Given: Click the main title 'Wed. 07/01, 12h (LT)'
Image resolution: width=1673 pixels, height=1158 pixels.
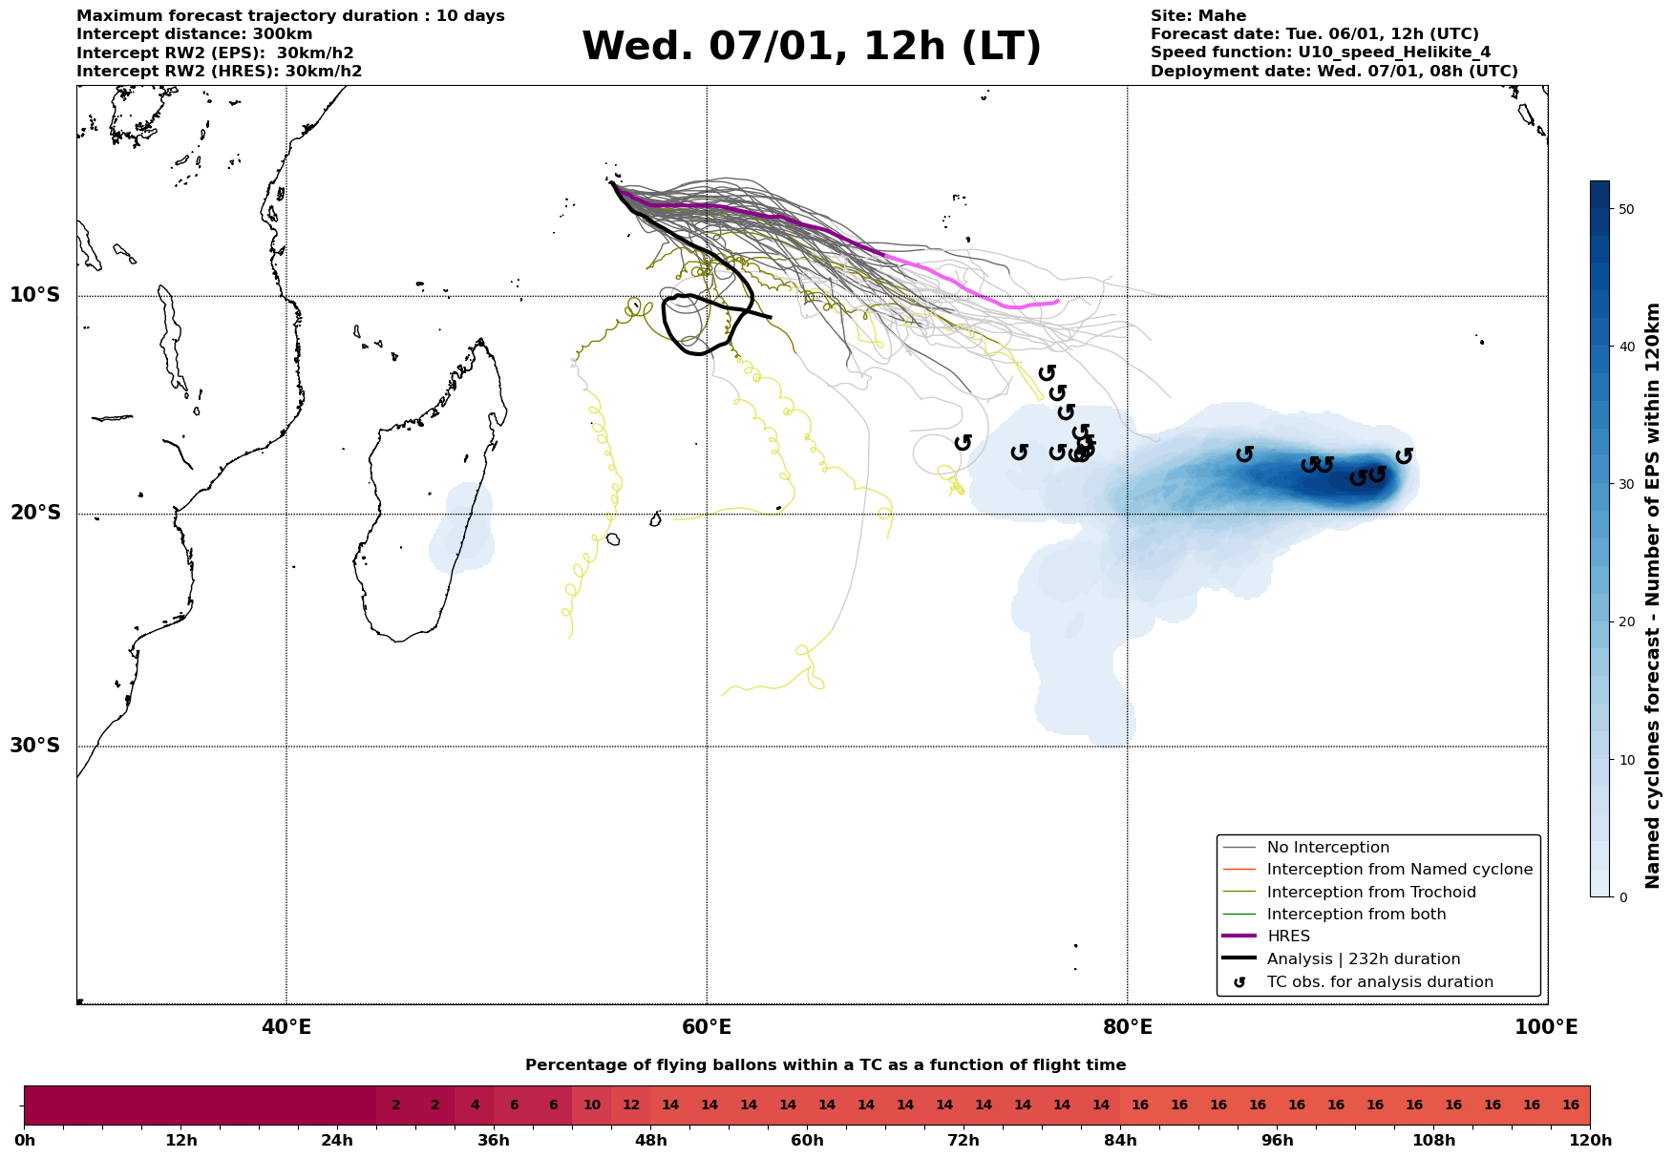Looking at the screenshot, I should tap(812, 46).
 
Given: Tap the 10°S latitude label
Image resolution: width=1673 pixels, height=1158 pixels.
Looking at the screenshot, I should tap(35, 295).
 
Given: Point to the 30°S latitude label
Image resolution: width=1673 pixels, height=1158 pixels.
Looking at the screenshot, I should tap(35, 746).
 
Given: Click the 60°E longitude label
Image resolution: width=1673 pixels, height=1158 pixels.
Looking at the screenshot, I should tap(707, 1027).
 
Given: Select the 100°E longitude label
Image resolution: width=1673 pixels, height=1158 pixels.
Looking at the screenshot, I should tap(1547, 1027).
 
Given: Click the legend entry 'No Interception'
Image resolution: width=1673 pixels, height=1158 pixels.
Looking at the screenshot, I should tap(1327, 848).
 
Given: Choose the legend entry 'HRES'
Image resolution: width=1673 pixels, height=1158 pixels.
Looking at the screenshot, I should tap(1288, 937).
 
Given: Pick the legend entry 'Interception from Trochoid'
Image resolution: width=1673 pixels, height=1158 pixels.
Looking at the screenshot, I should tap(1370, 893).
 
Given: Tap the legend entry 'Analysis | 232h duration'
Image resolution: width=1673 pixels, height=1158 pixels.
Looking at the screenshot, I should tap(1363, 959).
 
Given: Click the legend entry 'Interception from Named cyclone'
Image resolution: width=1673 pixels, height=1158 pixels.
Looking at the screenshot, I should tap(1399, 870).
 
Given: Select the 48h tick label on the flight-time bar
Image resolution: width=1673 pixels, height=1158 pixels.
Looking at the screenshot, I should tap(651, 1141).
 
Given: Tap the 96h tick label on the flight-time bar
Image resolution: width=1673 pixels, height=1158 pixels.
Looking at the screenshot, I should tap(1278, 1141).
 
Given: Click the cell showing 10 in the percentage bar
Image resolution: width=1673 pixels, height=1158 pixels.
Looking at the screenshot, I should tap(592, 1105).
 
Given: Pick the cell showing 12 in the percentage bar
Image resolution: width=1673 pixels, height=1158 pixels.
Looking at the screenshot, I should tap(631, 1105).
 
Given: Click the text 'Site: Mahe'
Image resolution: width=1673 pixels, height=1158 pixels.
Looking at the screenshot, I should tap(1197, 16).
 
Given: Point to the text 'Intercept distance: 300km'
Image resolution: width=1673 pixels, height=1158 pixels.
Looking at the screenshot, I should tap(194, 34).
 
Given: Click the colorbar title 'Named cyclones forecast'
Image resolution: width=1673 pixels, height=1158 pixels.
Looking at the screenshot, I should tap(1653, 596).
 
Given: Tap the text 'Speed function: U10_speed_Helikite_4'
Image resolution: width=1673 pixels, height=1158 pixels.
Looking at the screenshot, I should tap(1320, 53).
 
